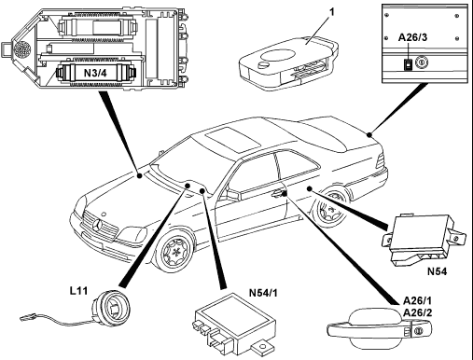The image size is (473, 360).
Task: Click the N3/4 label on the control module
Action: (95, 73)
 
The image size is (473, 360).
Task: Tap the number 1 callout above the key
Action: (332, 12)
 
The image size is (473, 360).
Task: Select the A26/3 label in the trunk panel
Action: (412, 37)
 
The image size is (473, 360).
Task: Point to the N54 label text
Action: (437, 271)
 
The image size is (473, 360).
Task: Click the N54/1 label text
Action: (263, 293)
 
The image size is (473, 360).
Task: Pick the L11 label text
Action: (78, 291)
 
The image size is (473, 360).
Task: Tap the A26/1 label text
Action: (417, 301)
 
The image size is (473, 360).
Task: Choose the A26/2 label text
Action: (417, 312)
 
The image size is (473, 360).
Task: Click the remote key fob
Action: (287, 63)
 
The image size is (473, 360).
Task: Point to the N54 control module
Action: (424, 240)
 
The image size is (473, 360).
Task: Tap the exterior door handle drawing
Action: (380, 329)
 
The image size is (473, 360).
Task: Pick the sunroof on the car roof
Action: (233, 139)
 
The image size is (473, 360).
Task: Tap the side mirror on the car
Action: (234, 194)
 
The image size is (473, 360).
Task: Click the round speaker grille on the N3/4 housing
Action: (22, 49)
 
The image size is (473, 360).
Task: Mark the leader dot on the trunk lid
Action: (369, 134)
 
